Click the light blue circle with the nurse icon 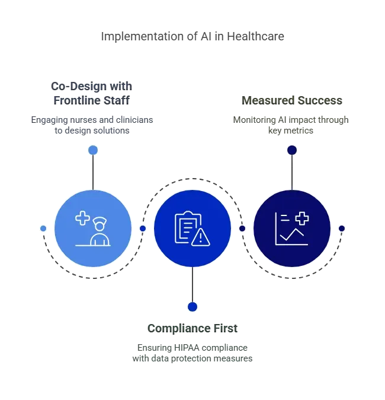[x=93, y=228]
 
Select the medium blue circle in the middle [x=192, y=228]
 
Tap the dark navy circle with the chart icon [x=291, y=228]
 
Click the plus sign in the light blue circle [x=82, y=218]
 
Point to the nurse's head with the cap [x=100, y=225]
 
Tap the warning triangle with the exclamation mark [x=201, y=238]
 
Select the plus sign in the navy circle [x=302, y=218]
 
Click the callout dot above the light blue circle [x=92, y=150]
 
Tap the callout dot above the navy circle [x=291, y=150]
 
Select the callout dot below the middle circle [x=192, y=307]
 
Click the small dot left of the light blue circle [x=43, y=228]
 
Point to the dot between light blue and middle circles [x=142, y=228]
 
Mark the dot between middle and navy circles [x=242, y=228]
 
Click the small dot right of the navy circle [x=341, y=228]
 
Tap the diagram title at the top [x=192, y=37]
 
